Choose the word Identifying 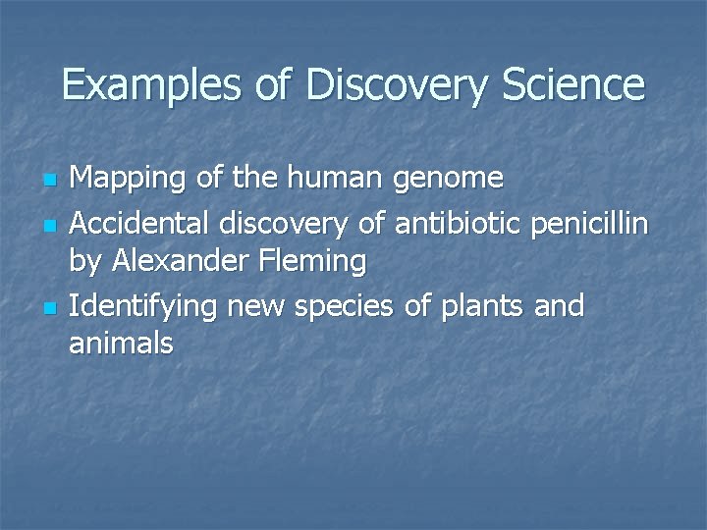(144, 306)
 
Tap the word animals (122, 344)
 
